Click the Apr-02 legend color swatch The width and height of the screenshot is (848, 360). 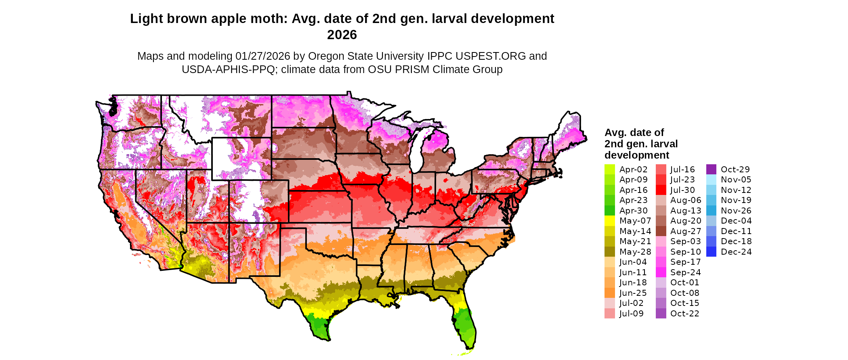(x=609, y=170)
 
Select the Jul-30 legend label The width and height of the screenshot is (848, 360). (x=682, y=190)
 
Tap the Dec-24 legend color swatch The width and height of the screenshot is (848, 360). (x=711, y=252)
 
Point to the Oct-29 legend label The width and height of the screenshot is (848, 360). (x=735, y=170)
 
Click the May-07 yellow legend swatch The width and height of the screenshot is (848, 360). (x=609, y=221)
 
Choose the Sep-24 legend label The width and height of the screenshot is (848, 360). (x=685, y=272)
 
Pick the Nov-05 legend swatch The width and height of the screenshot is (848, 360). (x=711, y=180)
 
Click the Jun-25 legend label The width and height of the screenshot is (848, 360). (x=633, y=293)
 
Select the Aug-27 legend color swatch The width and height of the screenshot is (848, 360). (x=661, y=231)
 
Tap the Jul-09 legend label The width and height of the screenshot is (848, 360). (x=631, y=314)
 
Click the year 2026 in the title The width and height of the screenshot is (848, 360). (x=342, y=35)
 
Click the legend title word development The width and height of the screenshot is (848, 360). (x=636, y=155)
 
